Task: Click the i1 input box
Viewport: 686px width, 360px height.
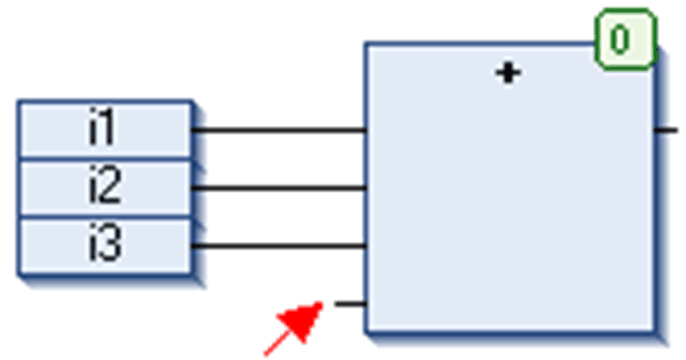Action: (104, 131)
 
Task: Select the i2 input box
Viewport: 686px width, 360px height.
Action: (104, 188)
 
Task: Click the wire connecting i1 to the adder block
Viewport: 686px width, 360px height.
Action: (278, 131)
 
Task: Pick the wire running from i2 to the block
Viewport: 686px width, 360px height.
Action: (278, 188)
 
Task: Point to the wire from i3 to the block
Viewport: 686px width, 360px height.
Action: (278, 246)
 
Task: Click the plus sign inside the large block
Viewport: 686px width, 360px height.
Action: (508, 73)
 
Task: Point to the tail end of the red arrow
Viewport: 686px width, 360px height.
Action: (267, 352)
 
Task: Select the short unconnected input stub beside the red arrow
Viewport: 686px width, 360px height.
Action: (350, 304)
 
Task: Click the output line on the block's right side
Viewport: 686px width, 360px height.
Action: (667, 130)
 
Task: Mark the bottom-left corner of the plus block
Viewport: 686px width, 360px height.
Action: (366, 332)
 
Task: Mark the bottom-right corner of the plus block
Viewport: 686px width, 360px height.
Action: (655, 332)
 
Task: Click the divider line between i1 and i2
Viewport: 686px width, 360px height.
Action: (104, 160)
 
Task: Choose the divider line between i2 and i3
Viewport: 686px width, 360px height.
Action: (104, 217)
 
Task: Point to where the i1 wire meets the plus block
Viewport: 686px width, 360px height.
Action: (366, 131)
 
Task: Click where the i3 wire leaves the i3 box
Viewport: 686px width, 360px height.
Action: (193, 246)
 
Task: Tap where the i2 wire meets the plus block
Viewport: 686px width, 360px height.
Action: (366, 188)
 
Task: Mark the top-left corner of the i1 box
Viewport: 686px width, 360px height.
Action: (19, 102)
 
